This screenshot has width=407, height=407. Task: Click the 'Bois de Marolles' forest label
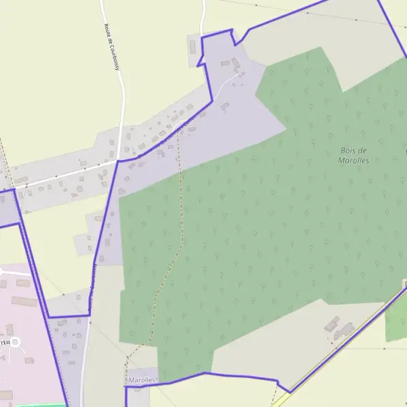point(353,155)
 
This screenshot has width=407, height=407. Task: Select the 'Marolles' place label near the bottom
point(142,381)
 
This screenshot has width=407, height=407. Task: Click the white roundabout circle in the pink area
point(15,343)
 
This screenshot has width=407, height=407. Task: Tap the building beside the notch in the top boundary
point(193,47)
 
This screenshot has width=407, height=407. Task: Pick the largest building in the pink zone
point(22,301)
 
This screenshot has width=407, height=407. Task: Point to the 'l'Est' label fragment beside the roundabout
point(5,343)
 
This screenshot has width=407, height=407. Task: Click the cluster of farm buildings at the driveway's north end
point(234,66)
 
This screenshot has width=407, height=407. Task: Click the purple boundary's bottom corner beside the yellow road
point(290,391)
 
